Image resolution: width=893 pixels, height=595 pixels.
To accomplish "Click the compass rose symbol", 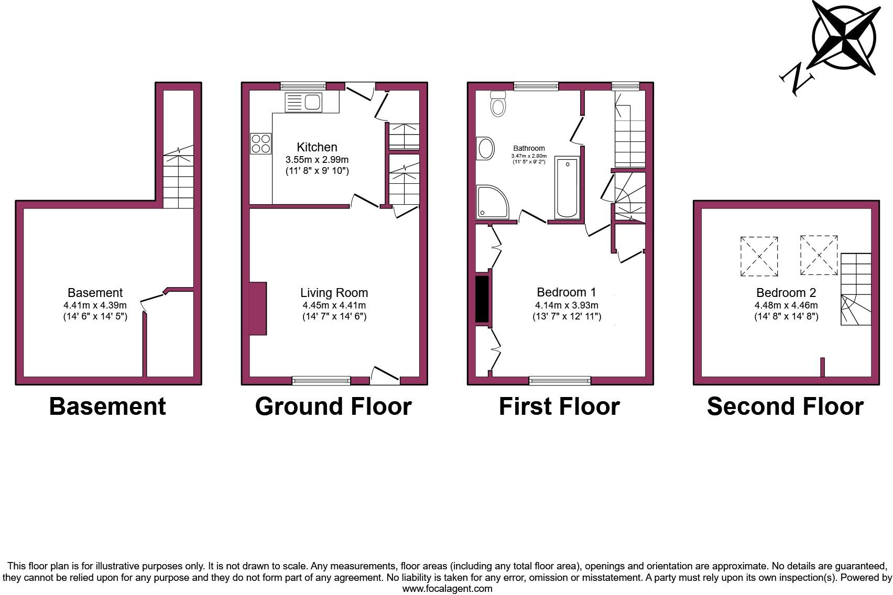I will coord(844,37).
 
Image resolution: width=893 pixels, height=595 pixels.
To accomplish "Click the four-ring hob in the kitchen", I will coord(261,144).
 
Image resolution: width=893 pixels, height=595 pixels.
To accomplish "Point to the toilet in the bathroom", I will coord(498,104).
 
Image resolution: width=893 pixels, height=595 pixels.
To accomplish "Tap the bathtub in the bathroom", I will coord(567,187).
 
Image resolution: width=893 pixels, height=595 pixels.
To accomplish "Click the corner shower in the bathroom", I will coord(492,202).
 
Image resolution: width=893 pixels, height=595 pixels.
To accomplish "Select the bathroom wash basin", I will coord(485,149).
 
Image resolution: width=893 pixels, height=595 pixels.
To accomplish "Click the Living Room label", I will coord(334,293).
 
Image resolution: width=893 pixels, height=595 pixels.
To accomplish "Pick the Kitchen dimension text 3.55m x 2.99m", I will coord(317,160).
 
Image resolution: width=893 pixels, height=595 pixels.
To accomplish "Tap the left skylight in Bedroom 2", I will coord(759,257).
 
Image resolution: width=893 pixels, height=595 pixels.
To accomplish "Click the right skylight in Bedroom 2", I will coord(819,255).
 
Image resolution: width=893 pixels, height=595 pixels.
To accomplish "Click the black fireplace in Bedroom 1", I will coord(482,299).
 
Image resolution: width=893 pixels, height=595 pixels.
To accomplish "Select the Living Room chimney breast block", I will coord(258,308).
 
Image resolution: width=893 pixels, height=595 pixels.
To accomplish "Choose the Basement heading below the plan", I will coord(107,406).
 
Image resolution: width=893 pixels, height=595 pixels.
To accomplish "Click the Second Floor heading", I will coord(785,406).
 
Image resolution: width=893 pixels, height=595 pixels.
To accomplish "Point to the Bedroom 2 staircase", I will coord(856,289).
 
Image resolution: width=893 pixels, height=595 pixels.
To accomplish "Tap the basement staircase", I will coord(179,178).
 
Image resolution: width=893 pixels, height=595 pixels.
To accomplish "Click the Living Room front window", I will coord(321,381).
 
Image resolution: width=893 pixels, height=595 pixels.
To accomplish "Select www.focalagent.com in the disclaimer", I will coord(447,588).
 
